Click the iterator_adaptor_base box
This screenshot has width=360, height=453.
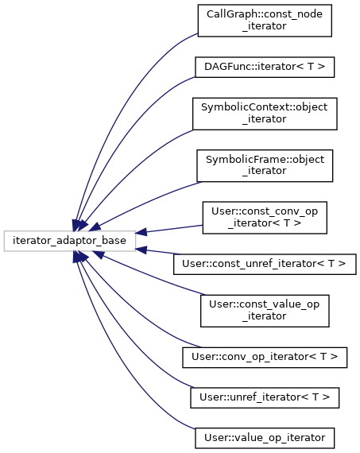pyautogui.click(x=70, y=241)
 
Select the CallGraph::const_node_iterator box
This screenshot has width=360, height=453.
pyautogui.click(x=265, y=21)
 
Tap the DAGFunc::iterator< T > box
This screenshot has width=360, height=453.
pyautogui.click(x=265, y=67)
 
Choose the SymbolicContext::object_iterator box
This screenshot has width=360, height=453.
pyautogui.click(x=265, y=114)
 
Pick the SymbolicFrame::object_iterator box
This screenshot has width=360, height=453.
pyautogui.click(x=265, y=166)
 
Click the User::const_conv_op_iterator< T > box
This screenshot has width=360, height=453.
pyautogui.click(x=265, y=218)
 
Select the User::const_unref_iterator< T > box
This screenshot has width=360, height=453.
pyautogui.click(x=265, y=265)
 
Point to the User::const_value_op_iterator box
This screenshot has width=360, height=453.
pyautogui.click(x=265, y=311)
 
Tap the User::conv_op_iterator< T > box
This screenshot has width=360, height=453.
pyautogui.click(x=265, y=358)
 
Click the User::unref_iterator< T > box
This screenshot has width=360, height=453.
pyautogui.click(x=265, y=398)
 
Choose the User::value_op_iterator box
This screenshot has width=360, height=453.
pyautogui.click(x=265, y=438)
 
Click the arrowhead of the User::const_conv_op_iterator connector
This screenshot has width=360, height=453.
pyautogui.click(x=141, y=232)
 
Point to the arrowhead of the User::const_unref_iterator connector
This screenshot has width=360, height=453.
pyautogui.click(x=141, y=250)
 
